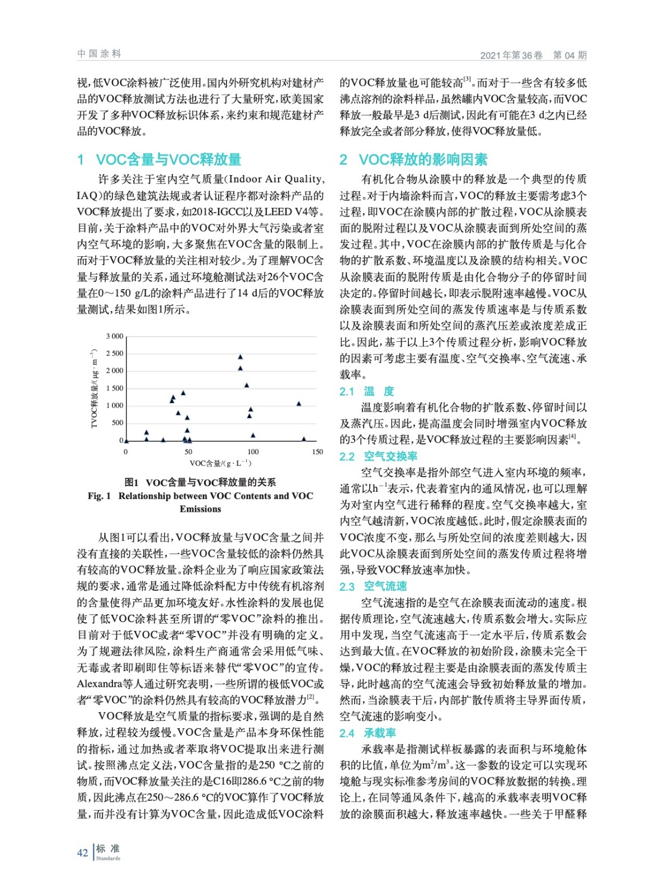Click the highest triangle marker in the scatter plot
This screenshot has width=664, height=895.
[241, 357]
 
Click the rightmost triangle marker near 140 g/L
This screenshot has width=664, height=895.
[304, 439]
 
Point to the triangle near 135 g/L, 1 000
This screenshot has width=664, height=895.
[299, 403]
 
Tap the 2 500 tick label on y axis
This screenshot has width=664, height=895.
[115, 354]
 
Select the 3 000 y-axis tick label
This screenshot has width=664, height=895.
[115, 336]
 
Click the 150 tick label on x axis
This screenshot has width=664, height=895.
[317, 452]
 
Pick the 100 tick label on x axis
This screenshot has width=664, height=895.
[253, 452]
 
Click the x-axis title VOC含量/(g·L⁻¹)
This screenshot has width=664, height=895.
[220, 463]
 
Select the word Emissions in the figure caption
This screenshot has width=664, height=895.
[200, 509]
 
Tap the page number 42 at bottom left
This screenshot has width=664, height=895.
[82, 852]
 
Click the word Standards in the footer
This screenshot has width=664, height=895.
[108, 859]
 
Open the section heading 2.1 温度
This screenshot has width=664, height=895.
[367, 392]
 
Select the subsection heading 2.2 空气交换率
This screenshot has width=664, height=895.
[378, 456]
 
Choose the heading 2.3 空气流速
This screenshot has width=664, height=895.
[373, 586]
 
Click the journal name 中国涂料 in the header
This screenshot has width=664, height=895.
[99, 54]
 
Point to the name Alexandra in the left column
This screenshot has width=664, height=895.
[100, 684]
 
